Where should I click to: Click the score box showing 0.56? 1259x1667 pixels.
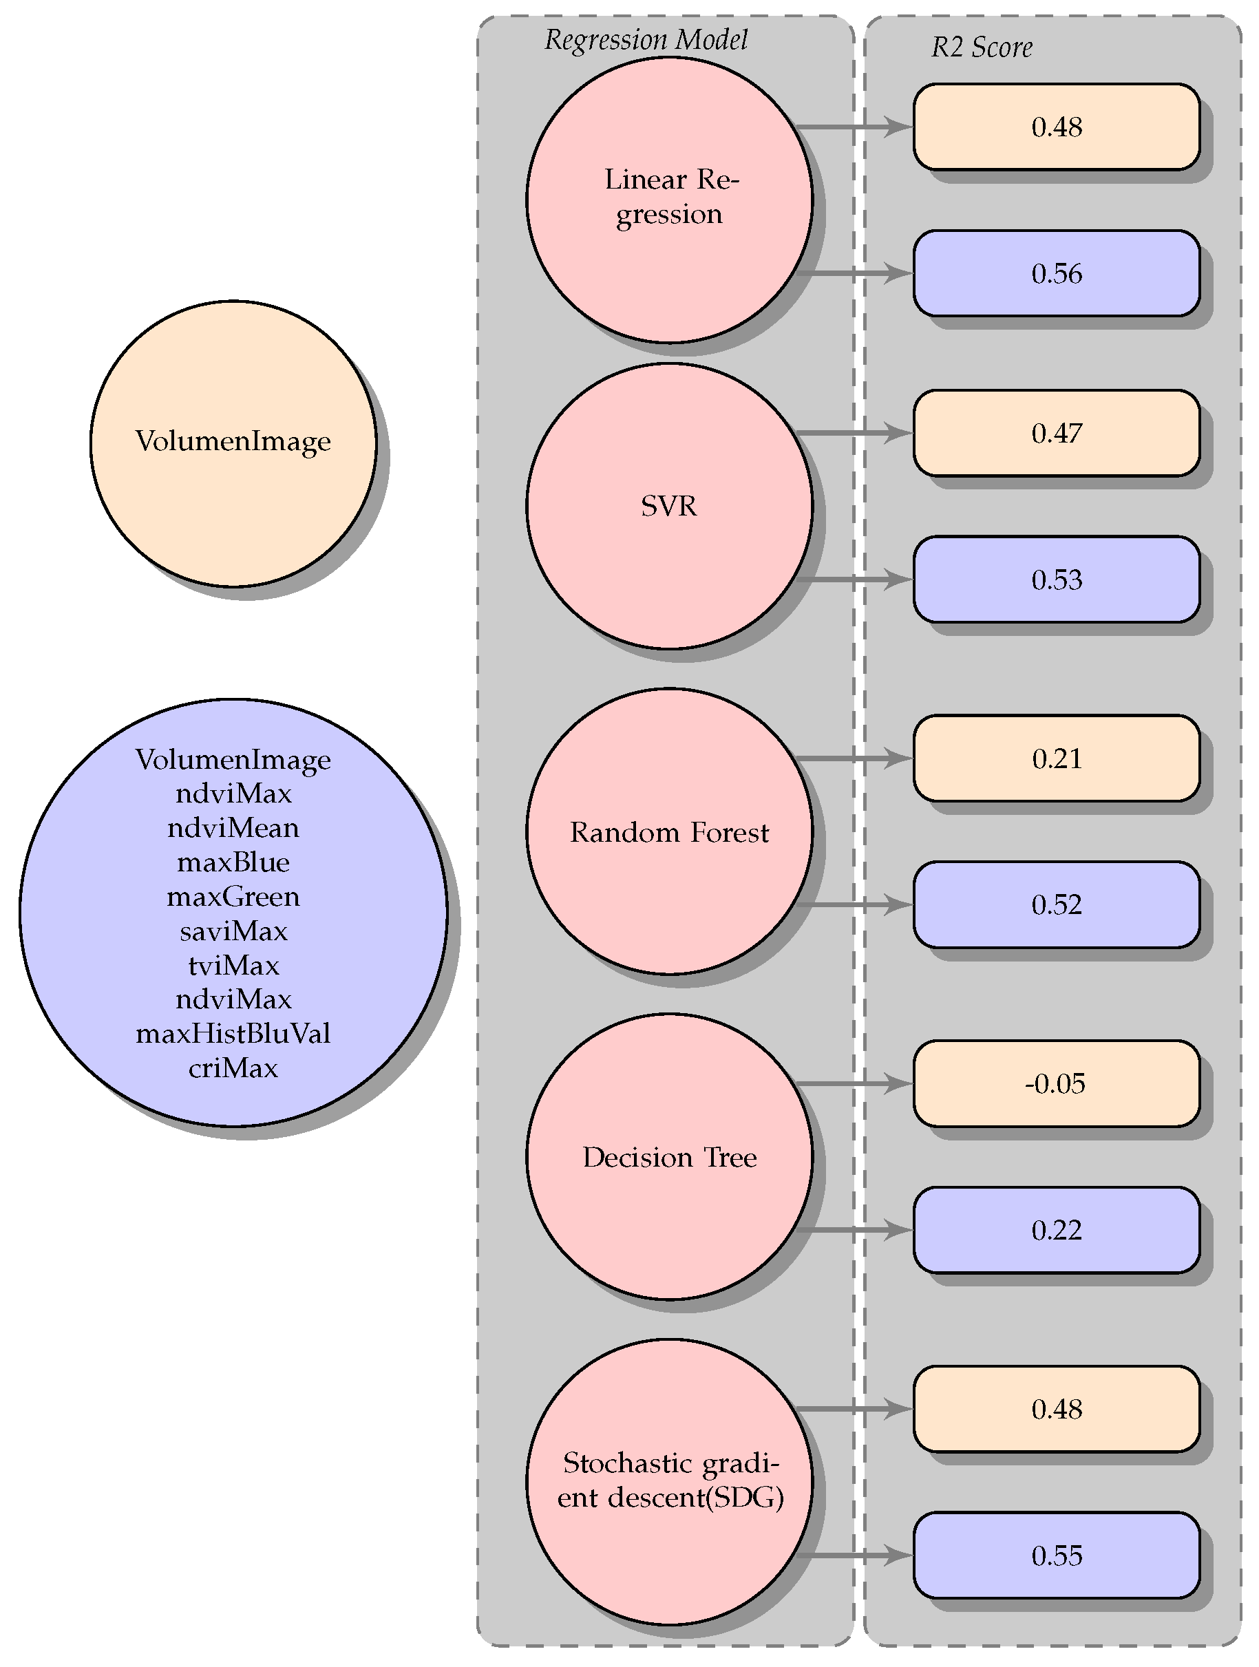pos(1055,273)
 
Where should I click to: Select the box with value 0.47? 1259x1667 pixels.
pos(1055,434)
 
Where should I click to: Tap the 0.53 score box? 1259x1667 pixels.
pos(1055,580)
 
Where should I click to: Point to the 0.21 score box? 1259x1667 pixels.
pos(1055,758)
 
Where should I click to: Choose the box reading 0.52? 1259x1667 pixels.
pos(1055,904)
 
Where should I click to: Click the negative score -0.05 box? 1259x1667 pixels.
pos(1055,1084)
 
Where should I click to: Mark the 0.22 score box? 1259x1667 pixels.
pos(1055,1230)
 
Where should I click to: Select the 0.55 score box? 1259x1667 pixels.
pos(1055,1555)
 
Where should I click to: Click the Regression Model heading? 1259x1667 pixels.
pos(646,40)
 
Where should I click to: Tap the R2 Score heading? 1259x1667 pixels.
pos(982,47)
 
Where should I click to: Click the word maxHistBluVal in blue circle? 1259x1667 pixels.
pos(233,1033)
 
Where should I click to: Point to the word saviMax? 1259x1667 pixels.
pos(233,931)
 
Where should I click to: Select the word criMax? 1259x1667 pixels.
pos(233,1068)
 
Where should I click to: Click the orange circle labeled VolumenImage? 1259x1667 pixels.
pos(233,443)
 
